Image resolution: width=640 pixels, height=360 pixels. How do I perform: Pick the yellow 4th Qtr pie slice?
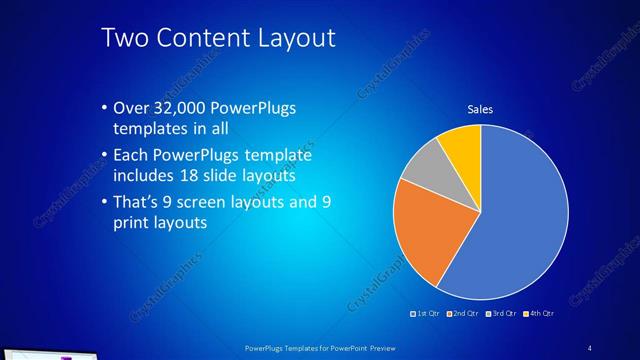[463, 145]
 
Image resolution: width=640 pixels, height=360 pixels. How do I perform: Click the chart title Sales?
[481, 109]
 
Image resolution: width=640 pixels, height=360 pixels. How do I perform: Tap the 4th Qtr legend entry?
[540, 315]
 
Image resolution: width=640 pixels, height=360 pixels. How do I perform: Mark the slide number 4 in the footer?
[590, 347]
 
